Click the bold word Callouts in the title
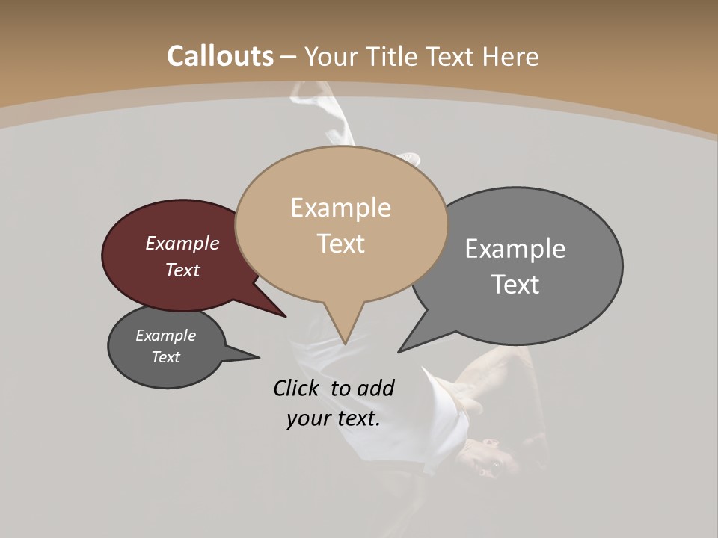[220, 56]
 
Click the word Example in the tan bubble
[340, 208]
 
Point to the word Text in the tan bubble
[340, 244]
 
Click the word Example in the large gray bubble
[515, 249]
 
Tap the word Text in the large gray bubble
[515, 285]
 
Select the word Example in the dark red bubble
[182, 244]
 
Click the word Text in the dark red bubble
[182, 270]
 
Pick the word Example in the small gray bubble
[165, 336]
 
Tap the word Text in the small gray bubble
[165, 357]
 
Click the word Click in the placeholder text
[296, 388]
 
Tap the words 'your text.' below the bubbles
[333, 418]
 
